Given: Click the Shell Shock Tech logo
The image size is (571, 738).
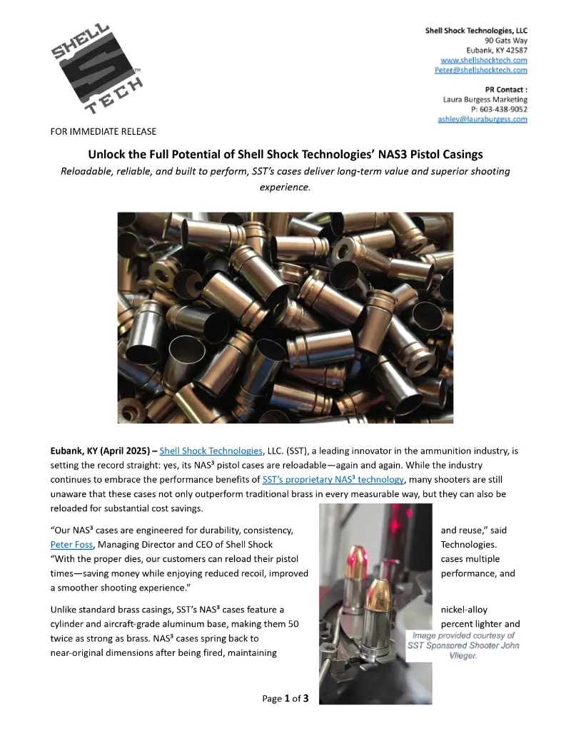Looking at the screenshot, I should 96,71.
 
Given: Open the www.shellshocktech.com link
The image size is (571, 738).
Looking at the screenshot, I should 484,61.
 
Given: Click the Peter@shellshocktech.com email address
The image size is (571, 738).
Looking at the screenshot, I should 481,70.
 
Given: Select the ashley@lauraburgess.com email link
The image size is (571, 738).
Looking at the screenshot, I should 482,119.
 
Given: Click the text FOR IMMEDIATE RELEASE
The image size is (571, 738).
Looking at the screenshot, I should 103,132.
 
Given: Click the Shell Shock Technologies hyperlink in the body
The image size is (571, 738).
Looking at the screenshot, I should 211,451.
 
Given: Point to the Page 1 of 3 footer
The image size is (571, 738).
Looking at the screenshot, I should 285,698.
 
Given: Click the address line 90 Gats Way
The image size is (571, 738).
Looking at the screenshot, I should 501,41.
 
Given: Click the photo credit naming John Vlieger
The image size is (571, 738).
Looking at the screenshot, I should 463,645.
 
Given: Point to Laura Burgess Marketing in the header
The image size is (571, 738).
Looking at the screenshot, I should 485,100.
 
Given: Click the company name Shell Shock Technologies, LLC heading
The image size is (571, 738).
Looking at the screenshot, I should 476,31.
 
